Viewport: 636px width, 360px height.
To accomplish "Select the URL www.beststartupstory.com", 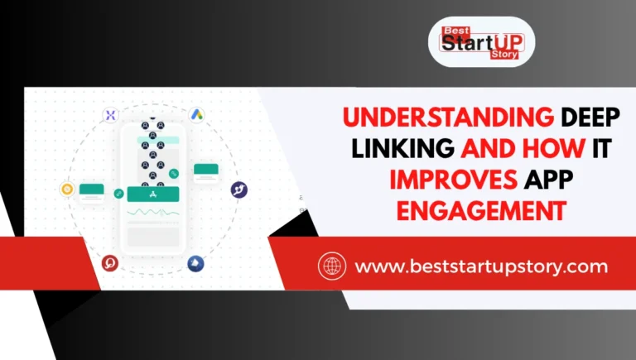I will (x=481, y=266).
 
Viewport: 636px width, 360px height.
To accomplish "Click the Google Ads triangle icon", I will (x=196, y=114).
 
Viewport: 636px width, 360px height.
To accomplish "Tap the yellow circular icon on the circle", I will (x=67, y=190).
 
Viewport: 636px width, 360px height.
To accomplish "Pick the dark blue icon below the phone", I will (x=196, y=263).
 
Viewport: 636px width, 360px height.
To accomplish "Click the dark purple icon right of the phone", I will (x=239, y=190).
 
